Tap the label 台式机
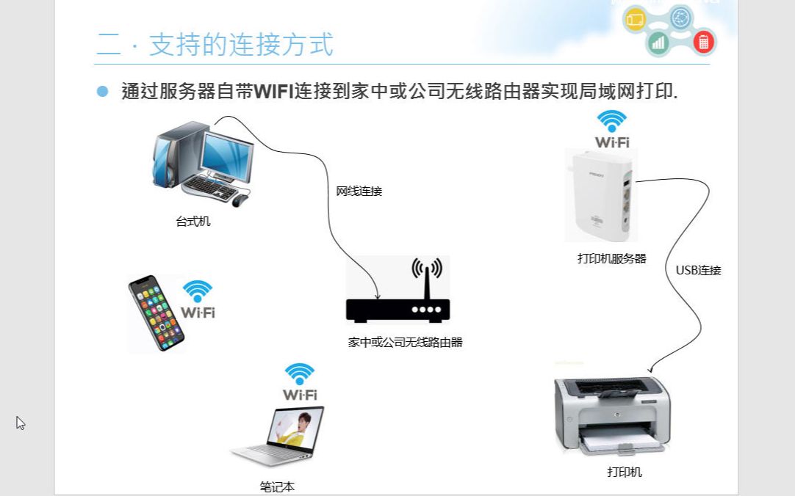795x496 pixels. coord(193,221)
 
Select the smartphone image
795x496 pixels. coord(156,313)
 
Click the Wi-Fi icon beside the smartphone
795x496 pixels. coord(198,299)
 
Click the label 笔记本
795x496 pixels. coord(277,486)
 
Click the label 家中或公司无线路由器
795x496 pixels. coord(405,342)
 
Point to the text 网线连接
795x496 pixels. coord(359,192)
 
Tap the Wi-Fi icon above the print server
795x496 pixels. coord(612,129)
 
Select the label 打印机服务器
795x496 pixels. coord(611,258)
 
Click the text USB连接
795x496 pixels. coord(698,270)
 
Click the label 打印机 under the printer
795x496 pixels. coord(625,472)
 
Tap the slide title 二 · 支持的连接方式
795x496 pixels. coord(215,44)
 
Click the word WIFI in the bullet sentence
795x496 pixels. coord(273,91)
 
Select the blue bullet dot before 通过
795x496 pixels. coord(102,91)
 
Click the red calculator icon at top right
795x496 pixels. coord(703,43)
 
